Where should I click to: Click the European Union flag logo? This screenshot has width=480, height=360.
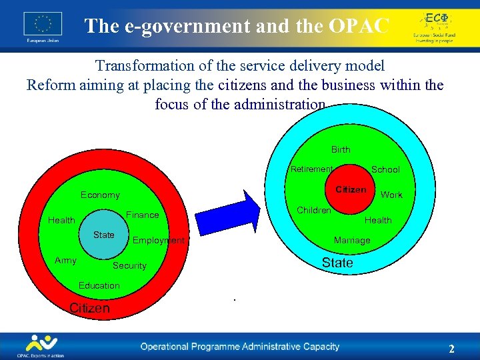[42, 25]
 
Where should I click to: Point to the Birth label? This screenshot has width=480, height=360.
[340, 149]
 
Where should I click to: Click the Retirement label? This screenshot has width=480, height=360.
[311, 169]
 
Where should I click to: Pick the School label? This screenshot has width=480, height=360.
[385, 170]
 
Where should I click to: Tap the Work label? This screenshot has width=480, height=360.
[391, 195]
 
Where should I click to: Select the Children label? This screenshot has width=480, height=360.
[313, 210]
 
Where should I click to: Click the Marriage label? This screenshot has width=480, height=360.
[352, 240]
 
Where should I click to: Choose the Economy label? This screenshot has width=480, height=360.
[100, 195]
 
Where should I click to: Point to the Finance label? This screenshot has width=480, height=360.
[142, 215]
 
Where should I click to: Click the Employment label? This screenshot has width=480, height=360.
[159, 240]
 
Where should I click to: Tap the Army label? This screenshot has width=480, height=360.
[65, 260]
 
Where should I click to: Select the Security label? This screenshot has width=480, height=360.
[129, 265]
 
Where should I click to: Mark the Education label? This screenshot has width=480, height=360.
[99, 285]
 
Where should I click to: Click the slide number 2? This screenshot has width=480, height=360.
[451, 349]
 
